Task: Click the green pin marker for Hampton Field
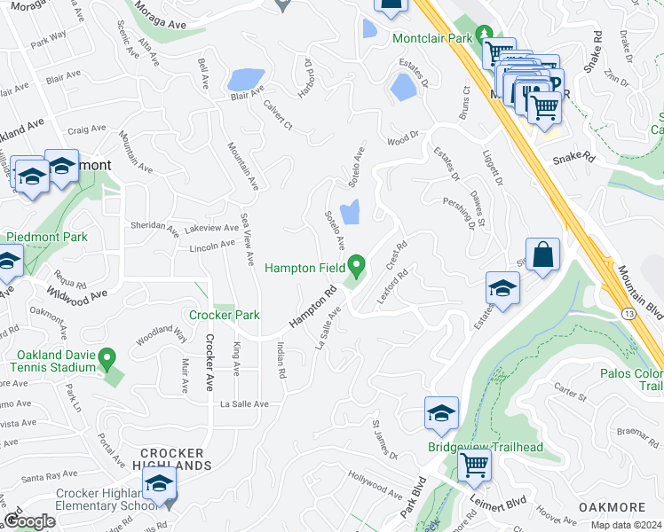357,264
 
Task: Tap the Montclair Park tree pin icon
484,35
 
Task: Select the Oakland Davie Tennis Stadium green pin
107,360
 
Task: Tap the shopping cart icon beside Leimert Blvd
475,464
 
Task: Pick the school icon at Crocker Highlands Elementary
160,484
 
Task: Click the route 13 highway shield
628,314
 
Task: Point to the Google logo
29,520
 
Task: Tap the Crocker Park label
224,315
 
